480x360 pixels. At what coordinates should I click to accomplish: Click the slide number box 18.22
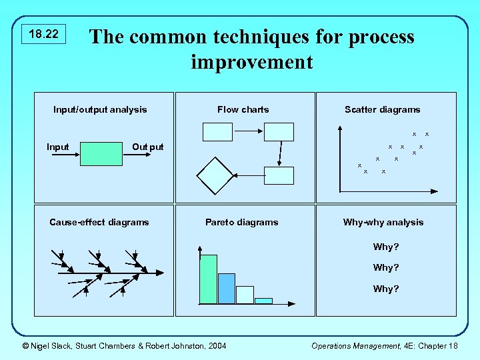[45, 34]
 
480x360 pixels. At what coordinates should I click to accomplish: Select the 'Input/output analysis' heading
[100, 109]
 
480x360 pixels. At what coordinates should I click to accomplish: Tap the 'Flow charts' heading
[243, 109]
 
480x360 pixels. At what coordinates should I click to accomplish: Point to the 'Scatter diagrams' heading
[382, 109]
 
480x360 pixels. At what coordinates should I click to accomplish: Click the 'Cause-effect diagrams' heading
[99, 222]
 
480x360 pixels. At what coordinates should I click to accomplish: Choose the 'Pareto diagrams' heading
[241, 222]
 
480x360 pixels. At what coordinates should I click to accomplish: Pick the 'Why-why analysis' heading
[383, 222]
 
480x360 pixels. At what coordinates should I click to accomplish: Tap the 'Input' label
[57, 147]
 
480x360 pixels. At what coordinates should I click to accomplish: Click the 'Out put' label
[147, 147]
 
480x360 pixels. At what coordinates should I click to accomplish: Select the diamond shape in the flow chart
[215, 175]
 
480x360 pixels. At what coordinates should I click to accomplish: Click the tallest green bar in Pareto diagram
[209, 279]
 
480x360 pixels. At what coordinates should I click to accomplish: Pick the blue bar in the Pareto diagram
[227, 288]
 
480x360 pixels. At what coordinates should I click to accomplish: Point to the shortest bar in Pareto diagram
[263, 301]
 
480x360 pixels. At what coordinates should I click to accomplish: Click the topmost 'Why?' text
[386, 247]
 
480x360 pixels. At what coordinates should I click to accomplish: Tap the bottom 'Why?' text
[386, 289]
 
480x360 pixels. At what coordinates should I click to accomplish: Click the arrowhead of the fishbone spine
[160, 273]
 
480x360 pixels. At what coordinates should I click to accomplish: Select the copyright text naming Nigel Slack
[124, 345]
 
